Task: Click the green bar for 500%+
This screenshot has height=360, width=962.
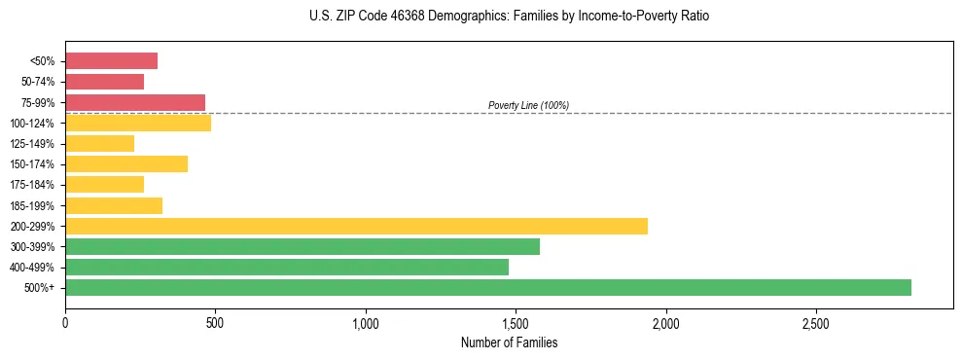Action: coord(487,287)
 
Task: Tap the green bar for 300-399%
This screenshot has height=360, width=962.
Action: coord(302,246)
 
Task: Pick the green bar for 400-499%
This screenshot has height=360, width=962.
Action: coord(286,267)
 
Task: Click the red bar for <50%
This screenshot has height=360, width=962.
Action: coord(111,61)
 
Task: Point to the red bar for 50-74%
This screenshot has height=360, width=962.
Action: coord(104,82)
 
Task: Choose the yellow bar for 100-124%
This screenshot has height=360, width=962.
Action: coord(137,123)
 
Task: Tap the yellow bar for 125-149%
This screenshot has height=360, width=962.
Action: coord(99,143)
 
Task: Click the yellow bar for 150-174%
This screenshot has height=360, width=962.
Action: coord(125,163)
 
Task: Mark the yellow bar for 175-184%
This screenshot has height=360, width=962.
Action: coord(104,184)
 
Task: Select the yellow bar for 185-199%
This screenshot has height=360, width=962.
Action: coord(113,205)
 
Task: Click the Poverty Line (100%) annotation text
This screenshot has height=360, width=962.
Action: coord(528,105)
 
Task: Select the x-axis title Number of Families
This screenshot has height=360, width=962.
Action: coord(509,342)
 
